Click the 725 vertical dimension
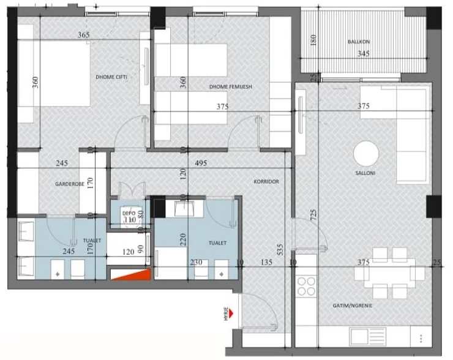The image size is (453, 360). coord(313,214)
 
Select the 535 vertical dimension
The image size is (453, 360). coord(280,250)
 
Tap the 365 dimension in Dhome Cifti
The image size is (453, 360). coord(84,35)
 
